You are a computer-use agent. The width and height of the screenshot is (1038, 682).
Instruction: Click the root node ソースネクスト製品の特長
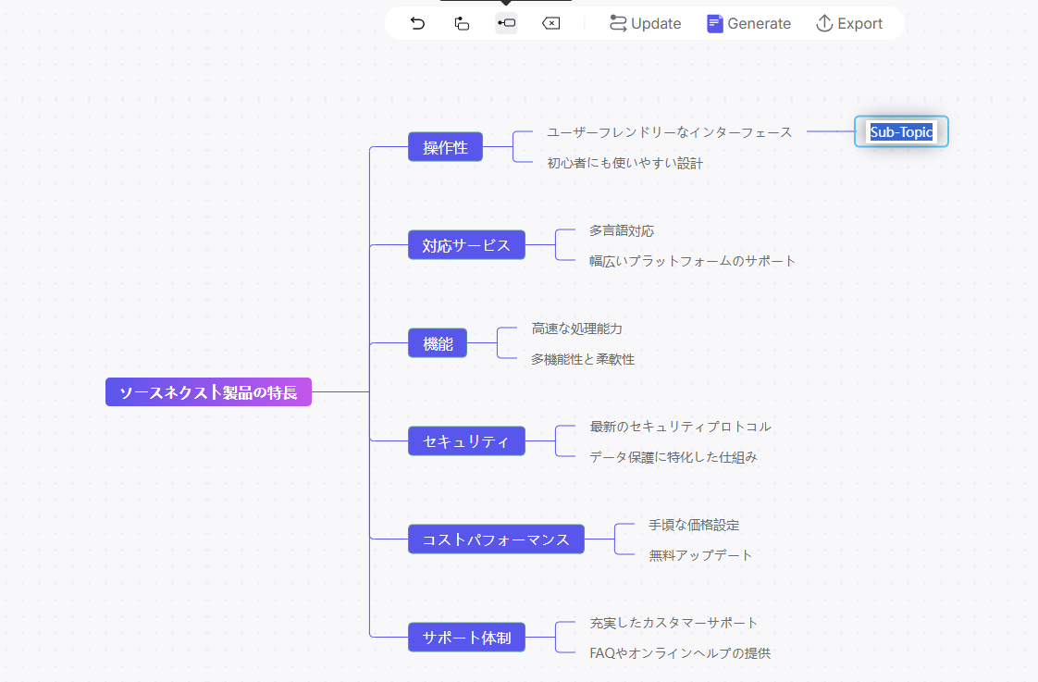coord(208,392)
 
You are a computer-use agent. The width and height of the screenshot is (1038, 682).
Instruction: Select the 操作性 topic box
coord(445,147)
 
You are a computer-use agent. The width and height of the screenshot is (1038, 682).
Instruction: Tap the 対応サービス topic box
coord(466,245)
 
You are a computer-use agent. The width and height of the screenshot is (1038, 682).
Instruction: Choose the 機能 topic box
coord(438,343)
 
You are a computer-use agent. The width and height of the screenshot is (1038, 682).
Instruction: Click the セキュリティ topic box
coord(466,441)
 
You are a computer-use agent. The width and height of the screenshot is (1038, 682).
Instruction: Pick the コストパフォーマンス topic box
coord(496,539)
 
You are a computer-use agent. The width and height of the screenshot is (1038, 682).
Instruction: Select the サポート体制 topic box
coord(466,638)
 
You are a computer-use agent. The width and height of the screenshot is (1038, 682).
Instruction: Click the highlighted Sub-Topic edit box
coord(901,132)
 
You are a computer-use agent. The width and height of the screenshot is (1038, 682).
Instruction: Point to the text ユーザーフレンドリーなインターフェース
coord(669,132)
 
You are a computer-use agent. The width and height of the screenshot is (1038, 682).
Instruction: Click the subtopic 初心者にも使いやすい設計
coord(624,163)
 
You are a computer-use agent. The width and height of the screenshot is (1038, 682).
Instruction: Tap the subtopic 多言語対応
coord(621,230)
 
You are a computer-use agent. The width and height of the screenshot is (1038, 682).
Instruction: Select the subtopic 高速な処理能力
coord(576,329)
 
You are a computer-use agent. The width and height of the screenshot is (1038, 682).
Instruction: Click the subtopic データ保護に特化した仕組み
coord(673,456)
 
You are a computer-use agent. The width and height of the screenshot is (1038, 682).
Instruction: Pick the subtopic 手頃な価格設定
coord(694,525)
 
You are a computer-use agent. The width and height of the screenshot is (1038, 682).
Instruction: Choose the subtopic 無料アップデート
coord(700,555)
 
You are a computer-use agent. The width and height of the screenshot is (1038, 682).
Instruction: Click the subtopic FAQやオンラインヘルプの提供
coord(679,652)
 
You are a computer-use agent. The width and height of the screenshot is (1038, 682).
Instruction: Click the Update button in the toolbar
coord(645,24)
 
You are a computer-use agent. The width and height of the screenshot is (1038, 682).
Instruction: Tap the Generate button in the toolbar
coord(748,24)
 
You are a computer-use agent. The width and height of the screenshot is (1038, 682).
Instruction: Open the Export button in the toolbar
coord(849,24)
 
